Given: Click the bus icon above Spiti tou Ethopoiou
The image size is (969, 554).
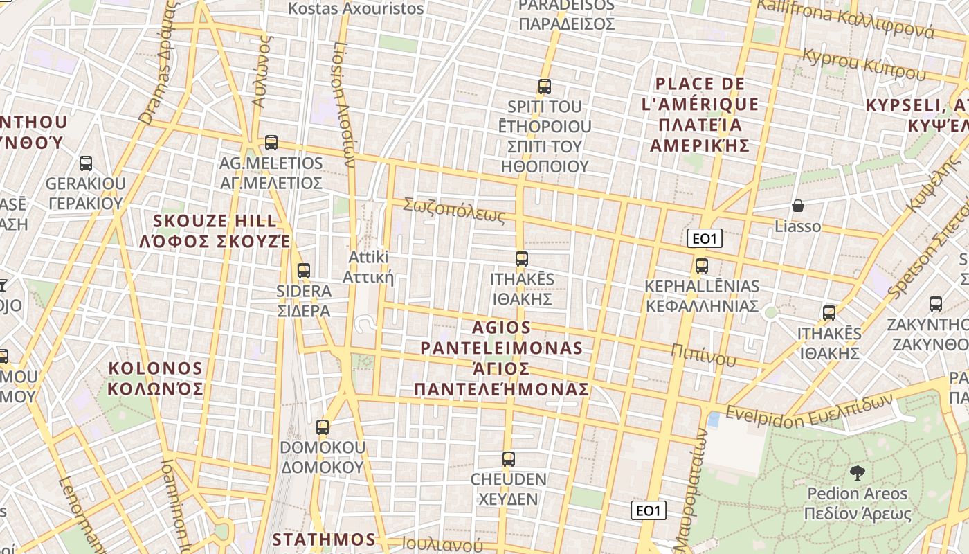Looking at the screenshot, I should pos(545,87).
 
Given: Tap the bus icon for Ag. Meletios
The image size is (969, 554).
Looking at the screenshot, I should pos(271,143).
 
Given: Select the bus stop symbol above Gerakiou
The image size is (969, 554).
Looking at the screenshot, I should pos(86,163).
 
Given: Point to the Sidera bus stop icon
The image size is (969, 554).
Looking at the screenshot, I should pos(303,271).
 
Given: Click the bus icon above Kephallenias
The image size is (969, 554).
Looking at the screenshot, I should pos(702,266).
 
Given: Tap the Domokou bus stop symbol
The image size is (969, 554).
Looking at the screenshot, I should pos(322,427).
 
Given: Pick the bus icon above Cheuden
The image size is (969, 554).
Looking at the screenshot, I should pos(509,458).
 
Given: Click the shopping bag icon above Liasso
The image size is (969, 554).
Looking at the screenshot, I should pos(798,206).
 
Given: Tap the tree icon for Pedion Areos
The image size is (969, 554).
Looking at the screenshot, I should pos(857,473).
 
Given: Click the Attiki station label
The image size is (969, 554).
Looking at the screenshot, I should pos(369,267).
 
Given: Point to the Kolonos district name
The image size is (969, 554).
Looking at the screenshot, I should pos(155,378).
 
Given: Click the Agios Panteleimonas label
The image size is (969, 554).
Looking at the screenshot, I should pos(502,358).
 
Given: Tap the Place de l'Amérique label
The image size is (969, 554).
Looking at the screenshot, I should pos(699,114).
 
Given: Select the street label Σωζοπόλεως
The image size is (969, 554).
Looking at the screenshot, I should pos(455,210).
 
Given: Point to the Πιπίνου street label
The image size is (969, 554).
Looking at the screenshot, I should pos(703,353).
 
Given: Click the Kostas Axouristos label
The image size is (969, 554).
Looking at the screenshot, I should pos(356,9).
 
